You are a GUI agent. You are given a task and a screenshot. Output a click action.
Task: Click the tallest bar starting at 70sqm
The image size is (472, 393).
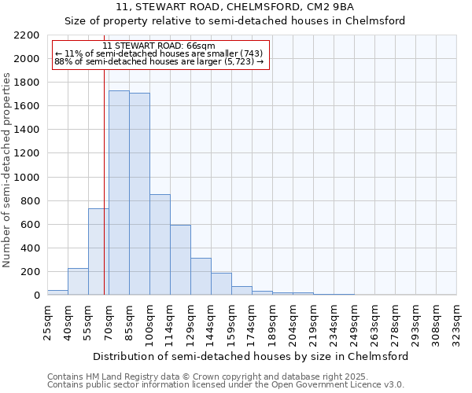coord(119,193)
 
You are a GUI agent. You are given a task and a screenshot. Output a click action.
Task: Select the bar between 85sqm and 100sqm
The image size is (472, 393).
coord(139,193)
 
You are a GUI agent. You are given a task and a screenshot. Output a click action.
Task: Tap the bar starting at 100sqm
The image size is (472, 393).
coord(160,244)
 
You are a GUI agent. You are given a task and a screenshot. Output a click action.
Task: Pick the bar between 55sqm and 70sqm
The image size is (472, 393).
coord(98,252)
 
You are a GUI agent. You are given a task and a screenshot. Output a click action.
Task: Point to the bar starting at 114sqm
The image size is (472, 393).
coord(180,260)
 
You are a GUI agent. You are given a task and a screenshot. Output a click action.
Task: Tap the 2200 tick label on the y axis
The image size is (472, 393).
coord(26,35)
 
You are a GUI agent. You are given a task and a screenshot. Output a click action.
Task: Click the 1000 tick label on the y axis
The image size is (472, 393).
coord(26,178)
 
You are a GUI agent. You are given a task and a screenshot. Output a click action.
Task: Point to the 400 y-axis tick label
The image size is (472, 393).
coord(29,248)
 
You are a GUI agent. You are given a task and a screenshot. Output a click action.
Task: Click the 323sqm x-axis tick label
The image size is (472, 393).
coord(456,323)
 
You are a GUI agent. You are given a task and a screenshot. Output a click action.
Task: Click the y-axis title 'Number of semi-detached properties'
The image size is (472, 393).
coord(8,170)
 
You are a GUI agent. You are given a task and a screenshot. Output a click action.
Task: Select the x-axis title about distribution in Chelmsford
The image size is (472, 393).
coord(251,356)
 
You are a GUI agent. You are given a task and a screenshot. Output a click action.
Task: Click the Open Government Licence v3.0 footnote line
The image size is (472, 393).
coord(225,385)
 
